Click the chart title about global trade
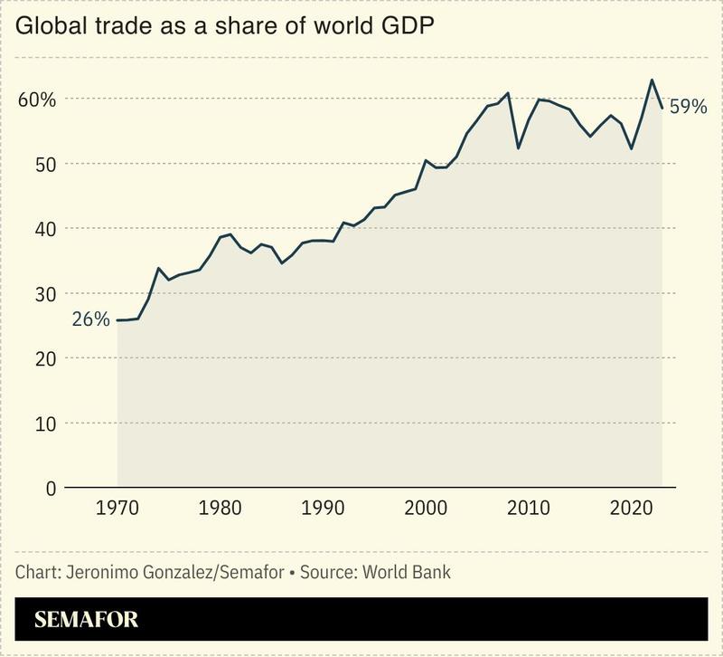click(x=225, y=26)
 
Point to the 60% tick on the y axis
click(x=37, y=100)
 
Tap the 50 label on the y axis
click(x=45, y=165)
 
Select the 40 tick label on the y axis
click(x=45, y=230)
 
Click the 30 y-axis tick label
click(x=45, y=294)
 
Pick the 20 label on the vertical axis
click(x=45, y=359)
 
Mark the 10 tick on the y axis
click(x=45, y=424)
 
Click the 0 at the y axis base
click(x=51, y=489)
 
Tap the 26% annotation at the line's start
click(x=91, y=319)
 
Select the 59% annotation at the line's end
click(x=688, y=108)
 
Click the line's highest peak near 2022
click(x=652, y=80)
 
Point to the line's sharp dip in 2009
click(x=518, y=148)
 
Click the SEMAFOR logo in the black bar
click(x=86, y=621)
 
